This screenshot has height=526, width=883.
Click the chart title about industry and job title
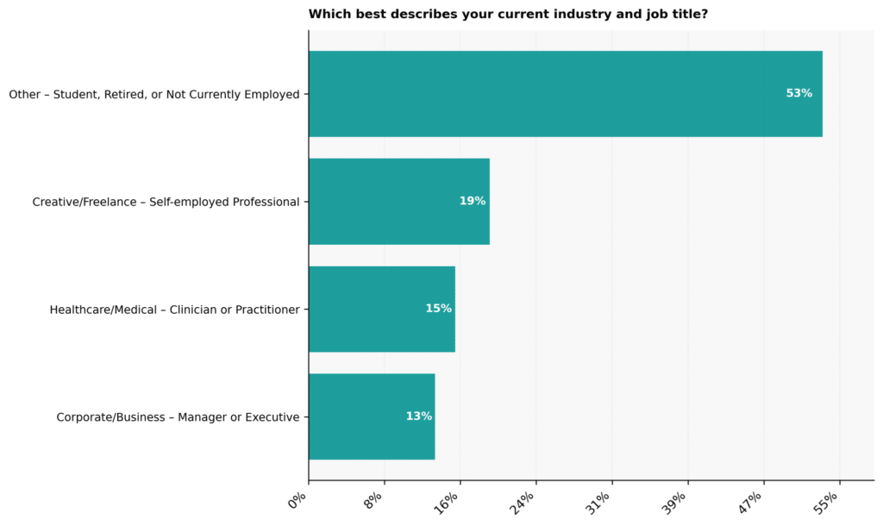click(x=508, y=14)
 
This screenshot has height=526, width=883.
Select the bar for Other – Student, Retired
click(x=566, y=94)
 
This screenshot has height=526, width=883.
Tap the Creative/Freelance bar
click(x=399, y=202)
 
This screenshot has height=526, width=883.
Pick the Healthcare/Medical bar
click(x=382, y=310)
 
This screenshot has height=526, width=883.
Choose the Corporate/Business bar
click(x=372, y=416)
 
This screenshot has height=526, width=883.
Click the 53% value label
click(x=799, y=93)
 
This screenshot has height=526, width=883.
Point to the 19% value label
click(x=473, y=201)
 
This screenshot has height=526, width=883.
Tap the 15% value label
click(x=439, y=309)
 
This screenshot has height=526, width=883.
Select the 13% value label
click(x=419, y=416)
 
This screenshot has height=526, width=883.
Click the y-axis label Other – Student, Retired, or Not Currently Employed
click(x=153, y=95)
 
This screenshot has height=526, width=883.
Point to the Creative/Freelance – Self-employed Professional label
click(x=166, y=202)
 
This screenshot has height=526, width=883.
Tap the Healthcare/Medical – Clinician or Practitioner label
click(x=174, y=310)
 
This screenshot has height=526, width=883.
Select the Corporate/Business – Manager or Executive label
click(x=178, y=417)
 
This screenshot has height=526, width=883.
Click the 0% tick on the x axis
click(x=297, y=500)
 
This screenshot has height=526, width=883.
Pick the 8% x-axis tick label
click(x=373, y=500)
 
